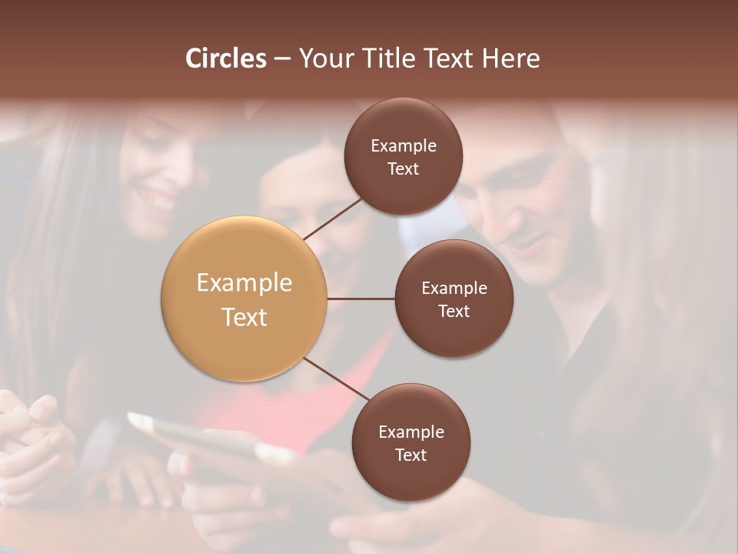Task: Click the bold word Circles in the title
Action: coord(226,58)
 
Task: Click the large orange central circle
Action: coord(244,299)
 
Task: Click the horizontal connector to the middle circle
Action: coord(361,299)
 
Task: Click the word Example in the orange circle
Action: coord(244,283)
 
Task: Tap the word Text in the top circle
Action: coord(404,169)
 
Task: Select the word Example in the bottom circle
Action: coord(411,432)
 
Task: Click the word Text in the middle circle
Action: coord(454,311)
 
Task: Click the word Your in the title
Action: coord(323,58)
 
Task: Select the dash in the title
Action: coord(281,58)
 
